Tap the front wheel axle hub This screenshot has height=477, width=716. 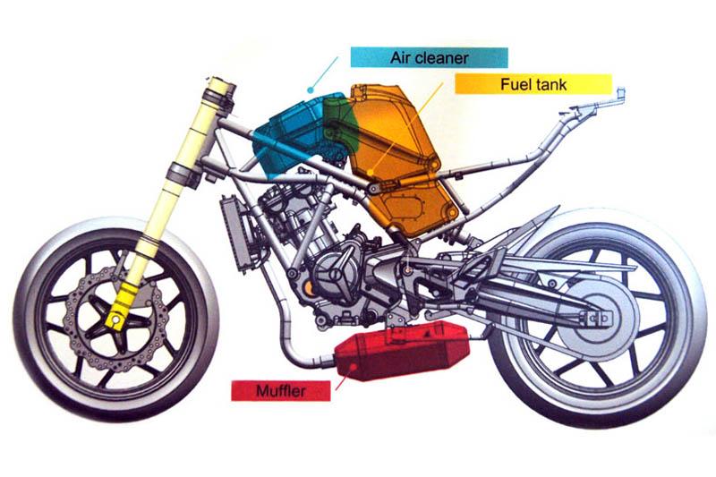click(115, 315)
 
